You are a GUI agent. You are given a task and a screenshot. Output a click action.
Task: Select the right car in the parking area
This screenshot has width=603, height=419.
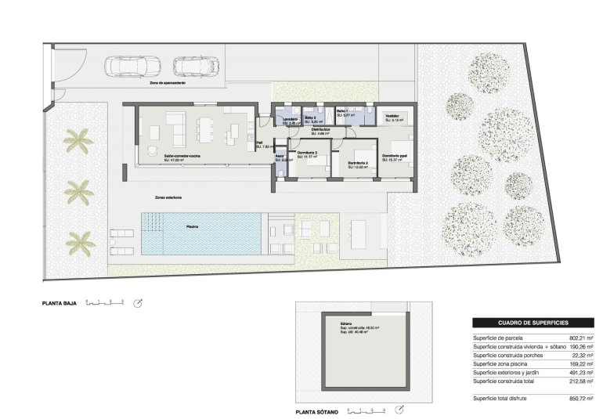click(195, 67)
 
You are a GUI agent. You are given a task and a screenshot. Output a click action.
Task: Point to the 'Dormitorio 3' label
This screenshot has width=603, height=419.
click(306, 153)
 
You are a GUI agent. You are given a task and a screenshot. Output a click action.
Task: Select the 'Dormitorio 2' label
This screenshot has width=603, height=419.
click(359, 163)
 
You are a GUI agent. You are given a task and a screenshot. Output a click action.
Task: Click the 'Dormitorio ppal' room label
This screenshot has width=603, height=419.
click(395, 155)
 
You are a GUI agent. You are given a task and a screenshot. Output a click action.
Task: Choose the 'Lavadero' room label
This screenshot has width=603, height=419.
click(290, 119)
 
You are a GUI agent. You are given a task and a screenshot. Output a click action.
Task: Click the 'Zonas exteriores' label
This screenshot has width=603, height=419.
click(168, 197)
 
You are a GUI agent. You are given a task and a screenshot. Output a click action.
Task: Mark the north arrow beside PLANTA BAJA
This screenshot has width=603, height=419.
click(138, 302)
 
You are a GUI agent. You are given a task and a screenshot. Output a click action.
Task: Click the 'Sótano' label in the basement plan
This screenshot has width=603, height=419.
click(345, 323)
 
